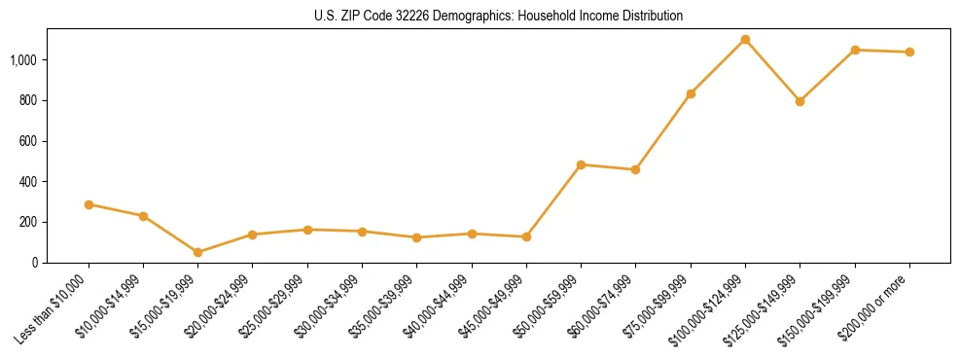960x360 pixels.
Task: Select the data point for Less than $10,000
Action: (89, 204)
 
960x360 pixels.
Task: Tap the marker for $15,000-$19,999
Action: (197, 252)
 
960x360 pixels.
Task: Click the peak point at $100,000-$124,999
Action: (745, 40)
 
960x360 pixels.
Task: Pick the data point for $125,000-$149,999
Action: (800, 101)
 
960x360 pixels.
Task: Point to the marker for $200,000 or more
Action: (909, 52)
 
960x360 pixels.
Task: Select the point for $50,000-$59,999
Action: (581, 164)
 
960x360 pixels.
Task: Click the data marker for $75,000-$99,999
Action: (691, 93)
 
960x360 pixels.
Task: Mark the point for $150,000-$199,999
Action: (855, 50)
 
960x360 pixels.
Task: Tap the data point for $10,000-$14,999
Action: (143, 216)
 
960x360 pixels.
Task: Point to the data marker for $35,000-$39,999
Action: (416, 237)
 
